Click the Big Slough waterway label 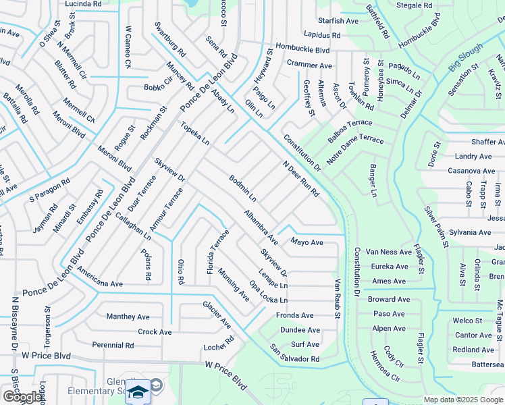click(465, 59)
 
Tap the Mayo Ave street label click(307, 242)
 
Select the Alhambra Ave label click(261, 227)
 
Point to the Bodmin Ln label click(242, 188)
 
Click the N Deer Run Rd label click(300, 179)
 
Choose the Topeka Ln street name click(194, 133)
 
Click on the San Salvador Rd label click(294, 353)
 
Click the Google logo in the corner click(22, 397)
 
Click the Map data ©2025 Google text click(462, 400)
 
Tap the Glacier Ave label click(217, 315)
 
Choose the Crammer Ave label click(309, 65)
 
